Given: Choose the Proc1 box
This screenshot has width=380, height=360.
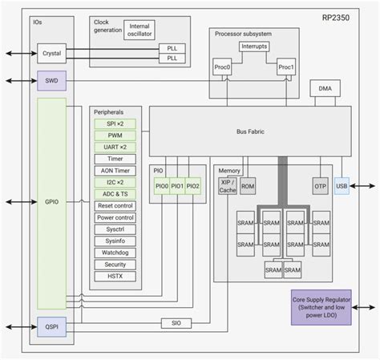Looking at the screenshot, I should [x=287, y=67].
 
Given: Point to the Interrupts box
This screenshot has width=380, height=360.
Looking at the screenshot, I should [x=255, y=47].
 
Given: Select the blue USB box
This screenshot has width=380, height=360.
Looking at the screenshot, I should [x=342, y=186].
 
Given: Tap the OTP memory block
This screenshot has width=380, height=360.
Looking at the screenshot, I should [x=321, y=186].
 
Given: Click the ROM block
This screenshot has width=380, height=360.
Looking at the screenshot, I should [x=249, y=186].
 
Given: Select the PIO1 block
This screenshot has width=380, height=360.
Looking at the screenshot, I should [x=178, y=186].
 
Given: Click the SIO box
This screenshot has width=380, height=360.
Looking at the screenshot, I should [x=176, y=322].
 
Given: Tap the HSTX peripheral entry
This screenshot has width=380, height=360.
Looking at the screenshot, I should [x=115, y=275].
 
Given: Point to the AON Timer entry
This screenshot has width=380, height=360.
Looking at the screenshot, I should [x=115, y=171].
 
